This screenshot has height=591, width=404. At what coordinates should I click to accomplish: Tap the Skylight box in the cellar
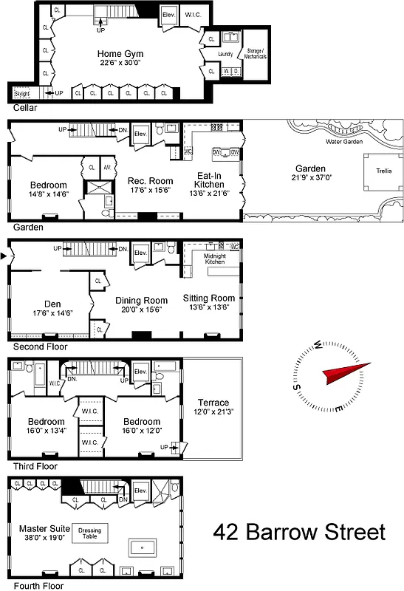[x=21, y=93]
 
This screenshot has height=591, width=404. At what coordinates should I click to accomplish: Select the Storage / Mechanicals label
[x=255, y=54]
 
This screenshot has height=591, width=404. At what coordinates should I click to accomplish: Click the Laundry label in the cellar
[x=225, y=55]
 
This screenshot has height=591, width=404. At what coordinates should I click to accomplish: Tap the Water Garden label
[x=344, y=141]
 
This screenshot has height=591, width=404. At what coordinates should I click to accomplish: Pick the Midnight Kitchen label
[x=214, y=259]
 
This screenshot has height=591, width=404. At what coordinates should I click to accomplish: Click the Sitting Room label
[x=208, y=298]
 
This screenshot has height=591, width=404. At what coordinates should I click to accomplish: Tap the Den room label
[x=52, y=303]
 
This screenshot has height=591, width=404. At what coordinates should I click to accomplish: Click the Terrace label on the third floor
[x=213, y=403]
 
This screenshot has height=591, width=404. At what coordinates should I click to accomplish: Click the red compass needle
[x=347, y=373]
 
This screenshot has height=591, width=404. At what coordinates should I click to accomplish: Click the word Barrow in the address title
[x=288, y=532]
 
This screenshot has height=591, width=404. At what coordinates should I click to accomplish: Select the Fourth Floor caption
[x=34, y=586]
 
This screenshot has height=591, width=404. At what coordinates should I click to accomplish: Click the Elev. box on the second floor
[x=141, y=250]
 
